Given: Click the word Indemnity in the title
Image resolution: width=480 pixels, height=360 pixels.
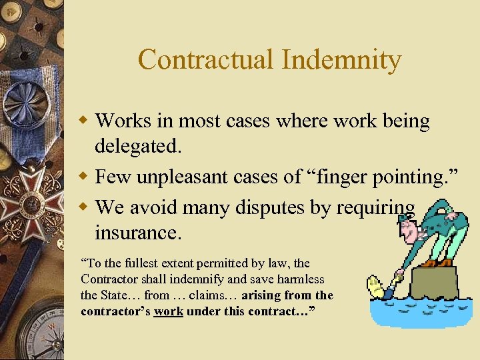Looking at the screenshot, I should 341,60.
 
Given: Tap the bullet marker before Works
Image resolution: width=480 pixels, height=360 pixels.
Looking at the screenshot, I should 84,121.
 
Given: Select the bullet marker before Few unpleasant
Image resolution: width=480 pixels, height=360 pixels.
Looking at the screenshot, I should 84,177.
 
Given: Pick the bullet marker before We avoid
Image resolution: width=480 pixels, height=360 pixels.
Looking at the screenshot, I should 84,207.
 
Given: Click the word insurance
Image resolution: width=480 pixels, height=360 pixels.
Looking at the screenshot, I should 137,233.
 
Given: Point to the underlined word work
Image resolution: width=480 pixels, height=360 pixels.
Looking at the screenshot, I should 168,312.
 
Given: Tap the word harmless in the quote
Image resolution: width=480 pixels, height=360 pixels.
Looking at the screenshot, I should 298,279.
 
